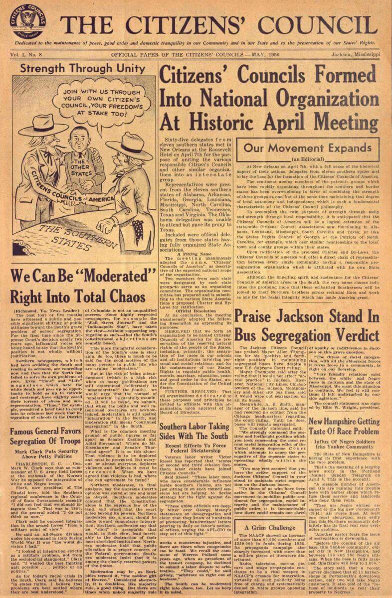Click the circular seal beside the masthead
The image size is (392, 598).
[28, 21]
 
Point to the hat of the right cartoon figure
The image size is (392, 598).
[129, 146]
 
